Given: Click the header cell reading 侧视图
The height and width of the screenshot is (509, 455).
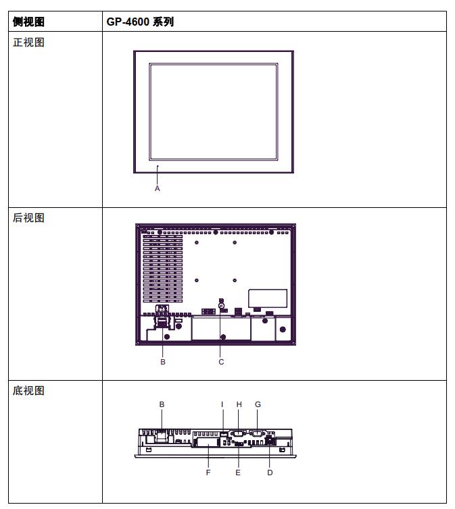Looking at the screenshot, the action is pyautogui.click(x=28, y=22).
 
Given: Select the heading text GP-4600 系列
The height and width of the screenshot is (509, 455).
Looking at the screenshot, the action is pyautogui.click(x=140, y=22).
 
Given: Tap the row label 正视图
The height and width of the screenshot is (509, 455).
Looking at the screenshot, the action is pyautogui.click(x=28, y=43).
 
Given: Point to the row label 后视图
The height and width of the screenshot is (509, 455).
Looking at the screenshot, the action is pyautogui.click(x=28, y=218).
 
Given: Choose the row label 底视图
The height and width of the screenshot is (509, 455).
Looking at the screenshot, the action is pyautogui.click(x=28, y=390).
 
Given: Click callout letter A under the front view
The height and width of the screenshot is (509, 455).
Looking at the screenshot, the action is pyautogui.click(x=158, y=188).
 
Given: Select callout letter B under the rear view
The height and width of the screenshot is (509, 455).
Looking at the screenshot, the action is pyautogui.click(x=163, y=362).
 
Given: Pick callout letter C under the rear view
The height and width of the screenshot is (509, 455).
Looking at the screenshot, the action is pyautogui.click(x=221, y=362).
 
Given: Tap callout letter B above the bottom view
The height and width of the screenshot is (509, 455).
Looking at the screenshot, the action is pyautogui.click(x=162, y=404).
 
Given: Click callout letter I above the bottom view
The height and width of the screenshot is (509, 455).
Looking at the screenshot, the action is pyautogui.click(x=222, y=404).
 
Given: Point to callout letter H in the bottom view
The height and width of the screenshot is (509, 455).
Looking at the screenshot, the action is pyautogui.click(x=239, y=404).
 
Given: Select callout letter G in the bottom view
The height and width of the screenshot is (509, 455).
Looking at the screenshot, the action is pyautogui.click(x=258, y=404).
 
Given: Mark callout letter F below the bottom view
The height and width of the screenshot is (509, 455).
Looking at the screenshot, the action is pyautogui.click(x=208, y=473).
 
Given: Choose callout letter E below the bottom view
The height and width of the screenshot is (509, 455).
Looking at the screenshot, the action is pyautogui.click(x=238, y=473).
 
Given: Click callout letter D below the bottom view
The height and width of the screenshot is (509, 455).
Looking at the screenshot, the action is pyautogui.click(x=270, y=473).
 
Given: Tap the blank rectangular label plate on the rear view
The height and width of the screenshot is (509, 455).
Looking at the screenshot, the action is pyautogui.click(x=268, y=298).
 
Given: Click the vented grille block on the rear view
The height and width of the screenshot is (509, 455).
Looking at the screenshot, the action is pyautogui.click(x=163, y=269).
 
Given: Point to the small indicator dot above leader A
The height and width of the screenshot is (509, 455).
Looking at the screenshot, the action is pyautogui.click(x=158, y=166).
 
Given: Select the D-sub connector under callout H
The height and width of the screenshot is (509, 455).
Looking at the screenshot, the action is pyautogui.click(x=239, y=433).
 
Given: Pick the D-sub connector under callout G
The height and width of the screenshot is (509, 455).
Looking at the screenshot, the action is pyautogui.click(x=258, y=433).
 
